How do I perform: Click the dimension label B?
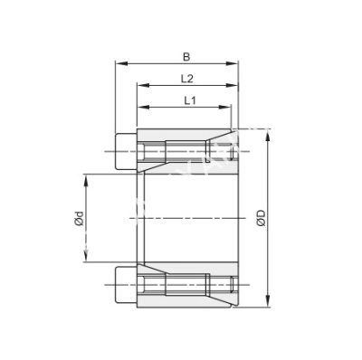(x=186, y=55)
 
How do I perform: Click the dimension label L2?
(x=188, y=78)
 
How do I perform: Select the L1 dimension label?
(x=190, y=99)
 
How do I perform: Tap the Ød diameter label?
(x=79, y=219)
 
